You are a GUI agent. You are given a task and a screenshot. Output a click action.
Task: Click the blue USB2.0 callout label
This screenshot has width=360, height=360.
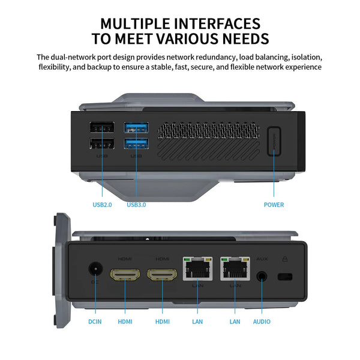[x=102, y=205]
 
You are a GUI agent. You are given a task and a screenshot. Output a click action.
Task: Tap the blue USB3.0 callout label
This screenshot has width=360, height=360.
[x=136, y=205]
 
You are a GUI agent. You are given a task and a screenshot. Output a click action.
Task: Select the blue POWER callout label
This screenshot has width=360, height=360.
[x=274, y=205]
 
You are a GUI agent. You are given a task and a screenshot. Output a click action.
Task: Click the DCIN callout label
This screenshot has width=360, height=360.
[x=95, y=322]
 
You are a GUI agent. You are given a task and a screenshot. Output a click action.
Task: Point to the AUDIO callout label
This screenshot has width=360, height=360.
[x=262, y=322]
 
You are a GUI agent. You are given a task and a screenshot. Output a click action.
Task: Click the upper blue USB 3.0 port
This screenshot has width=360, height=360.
[x=136, y=128]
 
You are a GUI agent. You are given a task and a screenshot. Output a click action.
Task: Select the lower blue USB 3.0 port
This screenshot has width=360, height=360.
[x=136, y=144]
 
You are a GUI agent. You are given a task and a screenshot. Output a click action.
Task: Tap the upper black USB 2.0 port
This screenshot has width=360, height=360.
[x=102, y=128]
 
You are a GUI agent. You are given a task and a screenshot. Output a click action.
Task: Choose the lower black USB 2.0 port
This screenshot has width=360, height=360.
[x=102, y=144]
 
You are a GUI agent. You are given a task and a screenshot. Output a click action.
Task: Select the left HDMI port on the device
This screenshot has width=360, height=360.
[x=125, y=275]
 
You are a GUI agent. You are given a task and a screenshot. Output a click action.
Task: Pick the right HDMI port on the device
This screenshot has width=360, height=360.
[x=162, y=275]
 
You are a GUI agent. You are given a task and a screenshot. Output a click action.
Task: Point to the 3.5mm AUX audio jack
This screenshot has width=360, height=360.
[x=262, y=276]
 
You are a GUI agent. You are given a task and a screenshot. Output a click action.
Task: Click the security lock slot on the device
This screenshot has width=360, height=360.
[x=284, y=277]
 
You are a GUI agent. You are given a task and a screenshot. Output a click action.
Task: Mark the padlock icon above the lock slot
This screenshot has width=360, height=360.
[x=284, y=259]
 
